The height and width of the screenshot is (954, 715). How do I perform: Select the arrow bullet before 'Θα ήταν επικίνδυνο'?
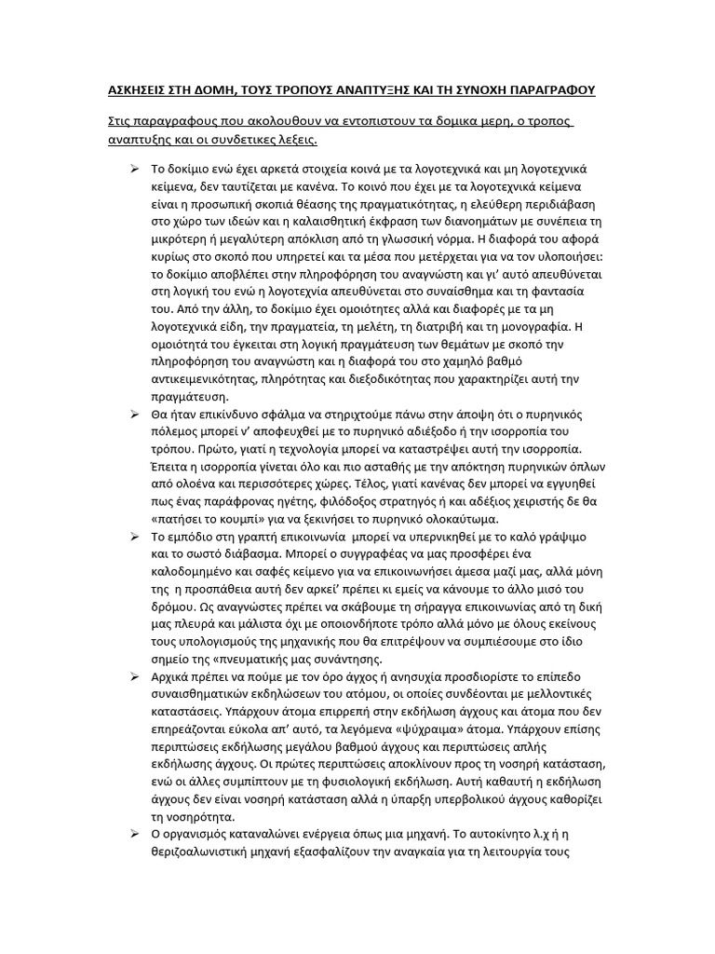tap(134, 415)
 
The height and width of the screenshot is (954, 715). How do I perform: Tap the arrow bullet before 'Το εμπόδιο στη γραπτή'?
tap(134, 538)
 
